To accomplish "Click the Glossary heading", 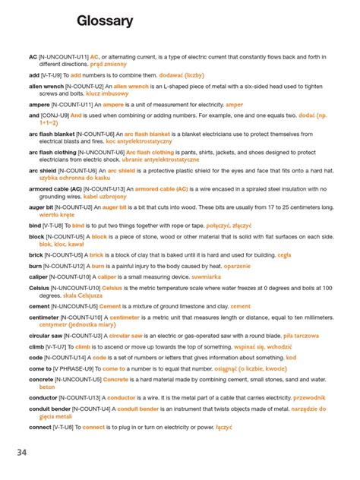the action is (105, 21).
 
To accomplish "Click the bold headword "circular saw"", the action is (46, 334).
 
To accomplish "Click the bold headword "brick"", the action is (36, 256).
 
